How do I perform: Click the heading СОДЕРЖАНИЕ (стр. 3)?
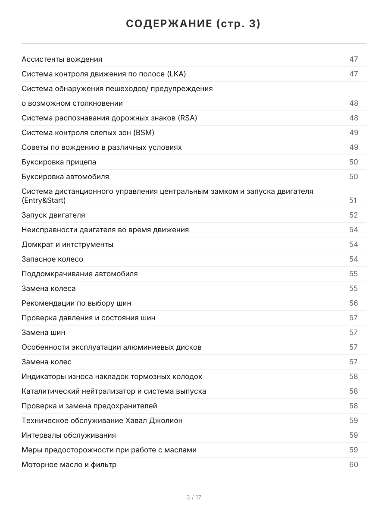[194, 24]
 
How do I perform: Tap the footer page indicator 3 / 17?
[194, 497]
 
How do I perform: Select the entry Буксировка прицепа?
[59, 162]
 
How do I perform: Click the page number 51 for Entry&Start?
[354, 200]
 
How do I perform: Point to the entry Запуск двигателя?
[53, 215]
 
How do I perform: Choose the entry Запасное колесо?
[53, 259]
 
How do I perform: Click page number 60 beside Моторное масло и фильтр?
[354, 464]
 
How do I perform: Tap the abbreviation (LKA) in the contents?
[176, 74]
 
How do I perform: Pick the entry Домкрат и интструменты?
[68, 244]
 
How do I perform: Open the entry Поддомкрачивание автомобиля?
[80, 274]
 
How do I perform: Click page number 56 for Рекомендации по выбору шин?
[354, 303]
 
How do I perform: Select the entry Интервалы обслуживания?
[69, 435]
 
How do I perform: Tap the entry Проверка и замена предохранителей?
[90, 406]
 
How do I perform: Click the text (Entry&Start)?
[44, 201]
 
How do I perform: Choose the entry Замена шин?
[44, 332]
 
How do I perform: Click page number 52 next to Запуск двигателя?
[354, 215]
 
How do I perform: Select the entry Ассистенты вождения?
[62, 59]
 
